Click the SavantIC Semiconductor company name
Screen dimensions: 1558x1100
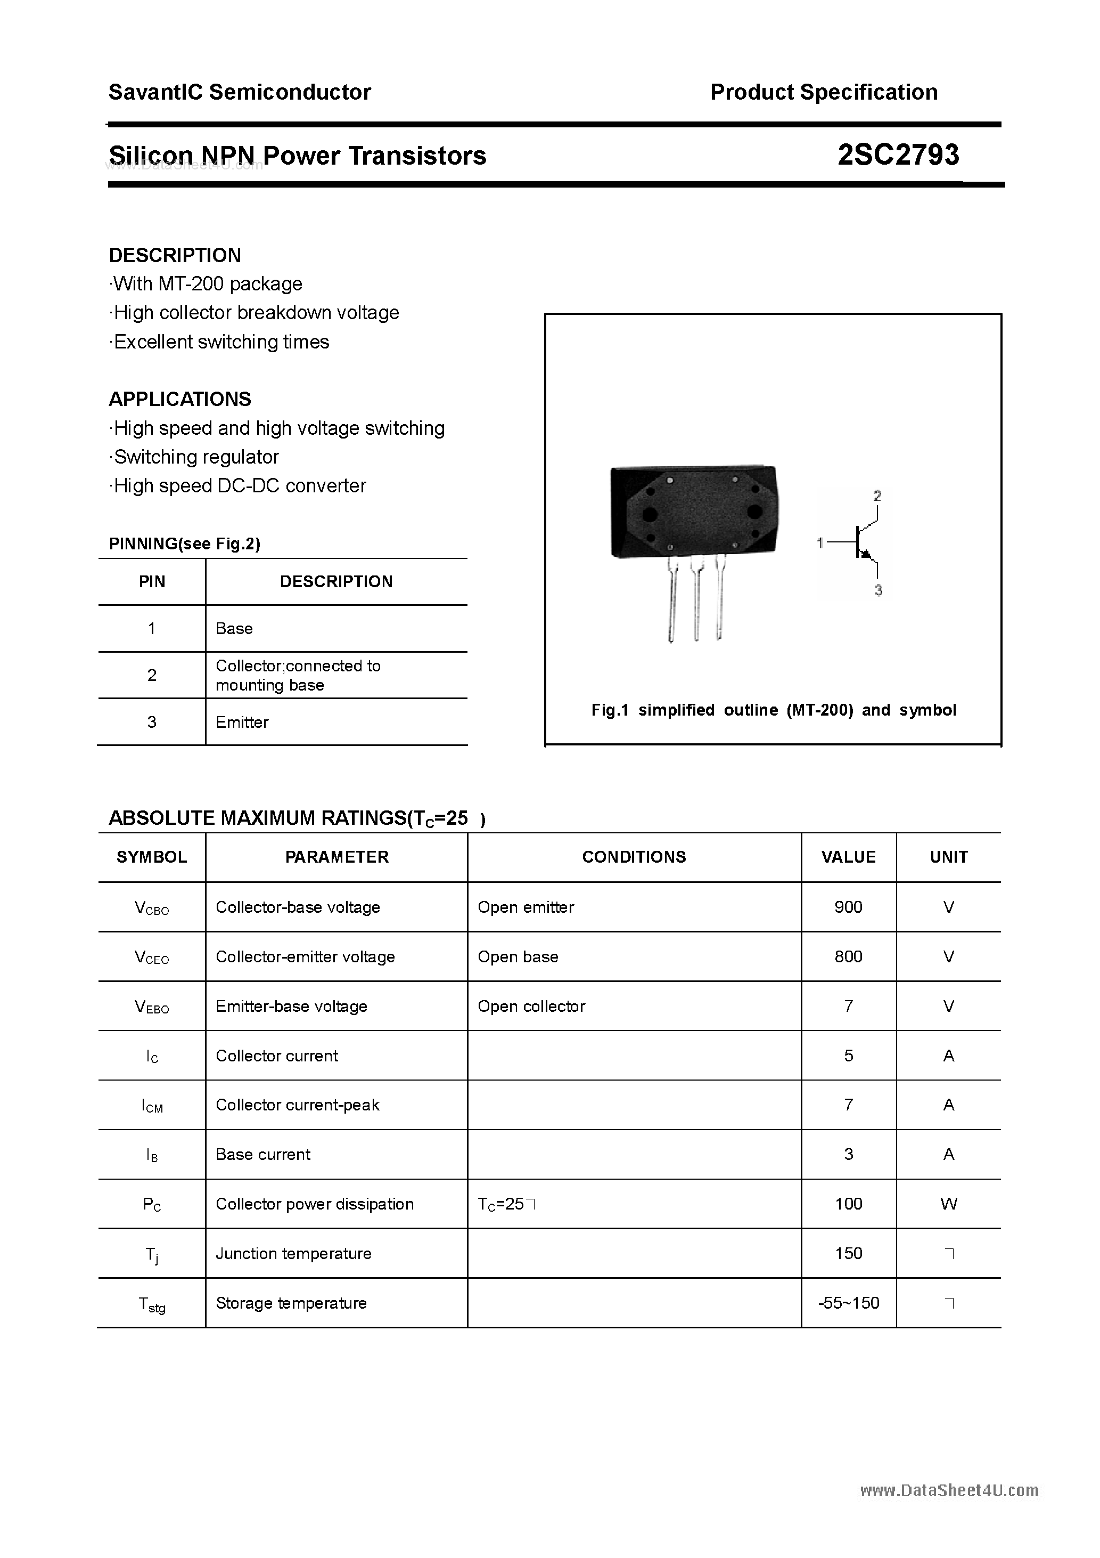click(x=240, y=92)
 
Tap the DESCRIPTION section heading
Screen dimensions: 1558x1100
click(x=175, y=255)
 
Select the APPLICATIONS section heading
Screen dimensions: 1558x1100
click(x=180, y=399)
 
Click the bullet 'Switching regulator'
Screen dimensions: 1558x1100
click(x=196, y=457)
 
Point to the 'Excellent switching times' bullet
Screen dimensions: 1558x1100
click(x=221, y=342)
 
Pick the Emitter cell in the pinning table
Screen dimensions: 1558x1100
click(x=242, y=722)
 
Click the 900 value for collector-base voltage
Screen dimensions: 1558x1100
click(x=848, y=907)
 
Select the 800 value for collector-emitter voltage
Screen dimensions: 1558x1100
click(x=848, y=957)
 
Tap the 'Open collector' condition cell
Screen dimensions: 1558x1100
click(x=531, y=1007)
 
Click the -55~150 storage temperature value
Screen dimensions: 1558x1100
click(x=848, y=1303)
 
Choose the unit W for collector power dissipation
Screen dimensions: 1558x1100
click(x=948, y=1204)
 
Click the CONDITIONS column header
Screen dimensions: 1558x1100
click(x=634, y=857)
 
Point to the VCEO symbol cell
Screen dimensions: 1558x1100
click(x=152, y=957)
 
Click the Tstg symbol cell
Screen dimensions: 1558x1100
click(x=152, y=1303)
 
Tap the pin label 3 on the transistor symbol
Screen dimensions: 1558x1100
click(x=877, y=590)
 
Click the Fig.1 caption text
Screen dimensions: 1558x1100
click(x=773, y=710)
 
